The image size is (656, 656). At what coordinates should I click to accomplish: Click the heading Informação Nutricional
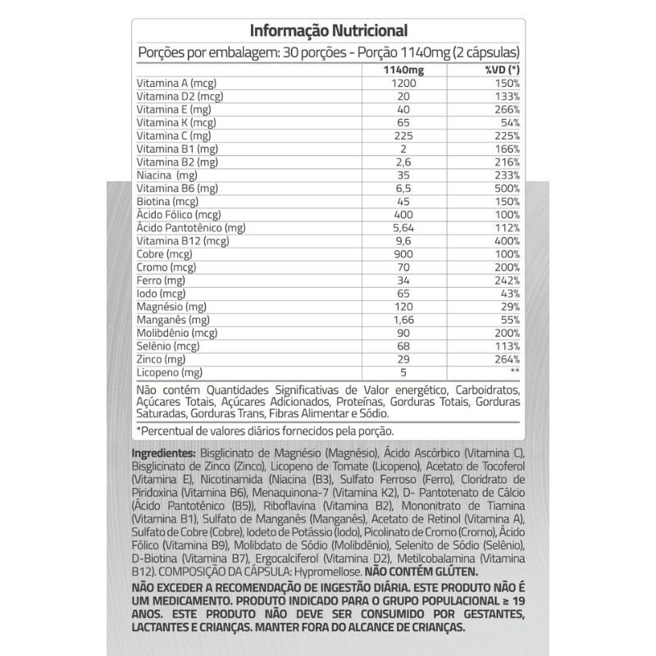pos(328,31)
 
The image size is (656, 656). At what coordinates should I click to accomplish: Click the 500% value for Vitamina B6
pos(506,188)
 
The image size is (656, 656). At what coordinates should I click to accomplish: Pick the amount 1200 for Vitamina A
pos(401,83)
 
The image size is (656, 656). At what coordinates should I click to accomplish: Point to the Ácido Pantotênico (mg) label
pos(190,227)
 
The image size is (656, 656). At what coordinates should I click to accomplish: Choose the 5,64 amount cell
pos(401,227)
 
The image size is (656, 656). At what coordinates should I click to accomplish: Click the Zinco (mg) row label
pos(161,358)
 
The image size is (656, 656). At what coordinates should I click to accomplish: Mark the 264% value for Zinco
pos(506,358)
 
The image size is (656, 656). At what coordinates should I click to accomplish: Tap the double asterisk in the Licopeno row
pos(513,371)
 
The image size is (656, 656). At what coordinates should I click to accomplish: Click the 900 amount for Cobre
pos(401,253)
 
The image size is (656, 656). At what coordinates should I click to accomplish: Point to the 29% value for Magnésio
pos(509,306)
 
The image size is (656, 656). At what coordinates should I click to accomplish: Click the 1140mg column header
pos(401,69)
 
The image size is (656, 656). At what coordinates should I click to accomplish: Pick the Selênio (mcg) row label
pos(168,345)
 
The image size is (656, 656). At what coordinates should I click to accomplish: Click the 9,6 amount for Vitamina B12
pos(401,240)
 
